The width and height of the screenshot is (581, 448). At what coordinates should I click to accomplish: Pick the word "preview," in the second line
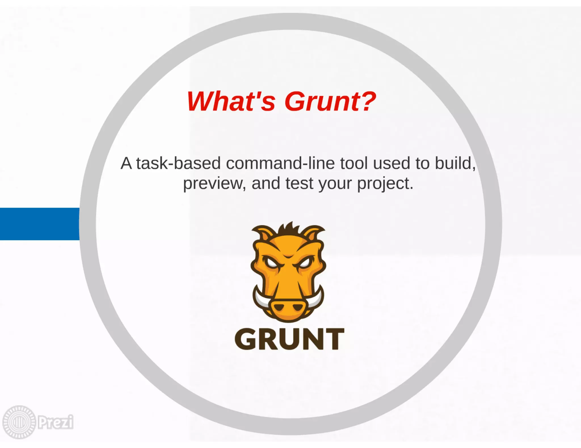(x=214, y=184)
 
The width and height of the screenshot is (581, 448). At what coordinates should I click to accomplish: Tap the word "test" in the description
(x=299, y=183)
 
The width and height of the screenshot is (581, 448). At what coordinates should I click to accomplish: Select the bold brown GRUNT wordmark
(x=289, y=339)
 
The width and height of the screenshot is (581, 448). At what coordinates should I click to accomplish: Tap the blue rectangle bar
(x=39, y=224)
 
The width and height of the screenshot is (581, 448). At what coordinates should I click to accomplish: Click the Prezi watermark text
(x=56, y=422)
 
